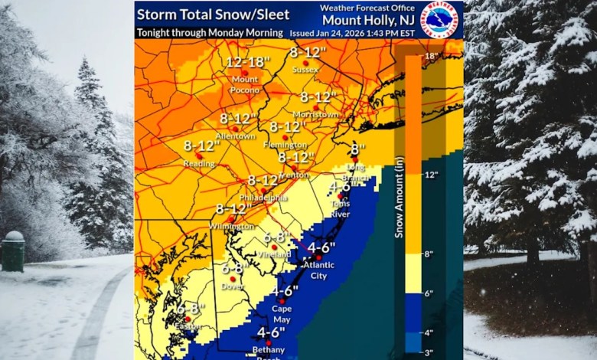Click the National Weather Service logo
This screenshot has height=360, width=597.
(440, 19)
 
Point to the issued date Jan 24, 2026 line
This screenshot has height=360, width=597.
(354, 34)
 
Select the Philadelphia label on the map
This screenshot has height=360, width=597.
(267, 198)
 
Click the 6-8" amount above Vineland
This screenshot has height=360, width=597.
(278, 237)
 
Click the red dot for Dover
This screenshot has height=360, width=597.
(233, 279)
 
